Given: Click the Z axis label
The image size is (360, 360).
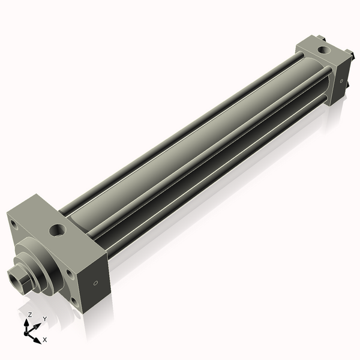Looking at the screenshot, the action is click(x=29, y=314).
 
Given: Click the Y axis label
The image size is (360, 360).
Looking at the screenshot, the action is click(x=45, y=319).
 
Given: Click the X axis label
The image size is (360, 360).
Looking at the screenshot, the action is click(x=45, y=340).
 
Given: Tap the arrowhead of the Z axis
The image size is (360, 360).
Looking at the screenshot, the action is click(x=26, y=323).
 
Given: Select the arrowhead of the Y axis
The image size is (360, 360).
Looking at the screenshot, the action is click(x=37, y=325).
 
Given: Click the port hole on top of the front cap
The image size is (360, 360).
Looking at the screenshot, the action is click(x=58, y=230).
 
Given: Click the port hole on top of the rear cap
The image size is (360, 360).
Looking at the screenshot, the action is click(x=324, y=50).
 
